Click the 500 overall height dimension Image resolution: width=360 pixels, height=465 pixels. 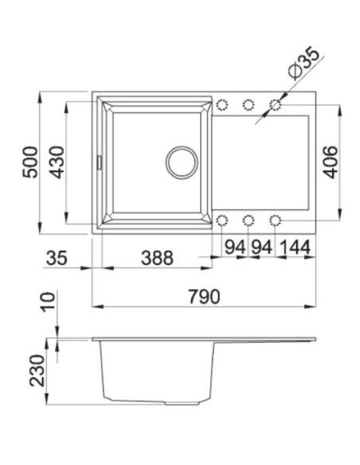(30, 162)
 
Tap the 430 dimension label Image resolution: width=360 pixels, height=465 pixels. (57, 162)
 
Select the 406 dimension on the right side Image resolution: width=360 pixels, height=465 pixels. (330, 162)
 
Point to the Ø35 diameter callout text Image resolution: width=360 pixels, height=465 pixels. (304, 63)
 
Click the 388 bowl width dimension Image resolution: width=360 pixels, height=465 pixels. (157, 258)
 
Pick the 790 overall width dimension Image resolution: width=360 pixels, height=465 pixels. (205, 296)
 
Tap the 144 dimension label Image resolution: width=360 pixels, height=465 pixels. (295, 247)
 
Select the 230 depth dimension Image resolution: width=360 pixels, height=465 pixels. (37, 370)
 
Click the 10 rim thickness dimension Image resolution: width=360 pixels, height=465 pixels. (49, 302)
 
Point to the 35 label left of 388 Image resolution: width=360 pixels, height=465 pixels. (57, 258)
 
